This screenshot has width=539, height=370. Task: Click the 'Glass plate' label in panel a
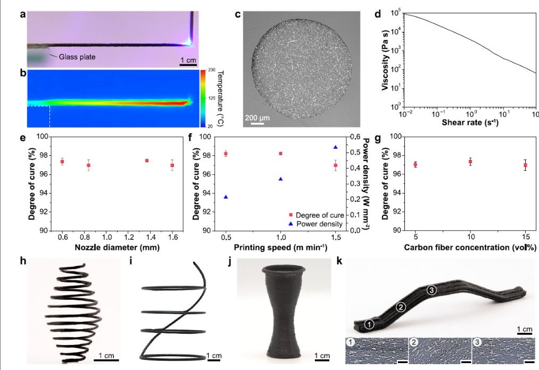(x=77, y=57)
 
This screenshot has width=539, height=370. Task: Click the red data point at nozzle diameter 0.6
(x=62, y=162)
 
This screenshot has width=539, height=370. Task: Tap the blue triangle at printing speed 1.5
(x=336, y=147)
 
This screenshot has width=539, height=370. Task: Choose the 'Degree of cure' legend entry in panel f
(x=319, y=215)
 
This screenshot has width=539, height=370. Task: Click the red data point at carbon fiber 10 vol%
(x=470, y=162)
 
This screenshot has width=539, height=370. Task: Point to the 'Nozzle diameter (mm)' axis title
(x=118, y=247)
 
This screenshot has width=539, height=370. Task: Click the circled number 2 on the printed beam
(x=402, y=306)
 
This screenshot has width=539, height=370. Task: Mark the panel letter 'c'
(x=238, y=14)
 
